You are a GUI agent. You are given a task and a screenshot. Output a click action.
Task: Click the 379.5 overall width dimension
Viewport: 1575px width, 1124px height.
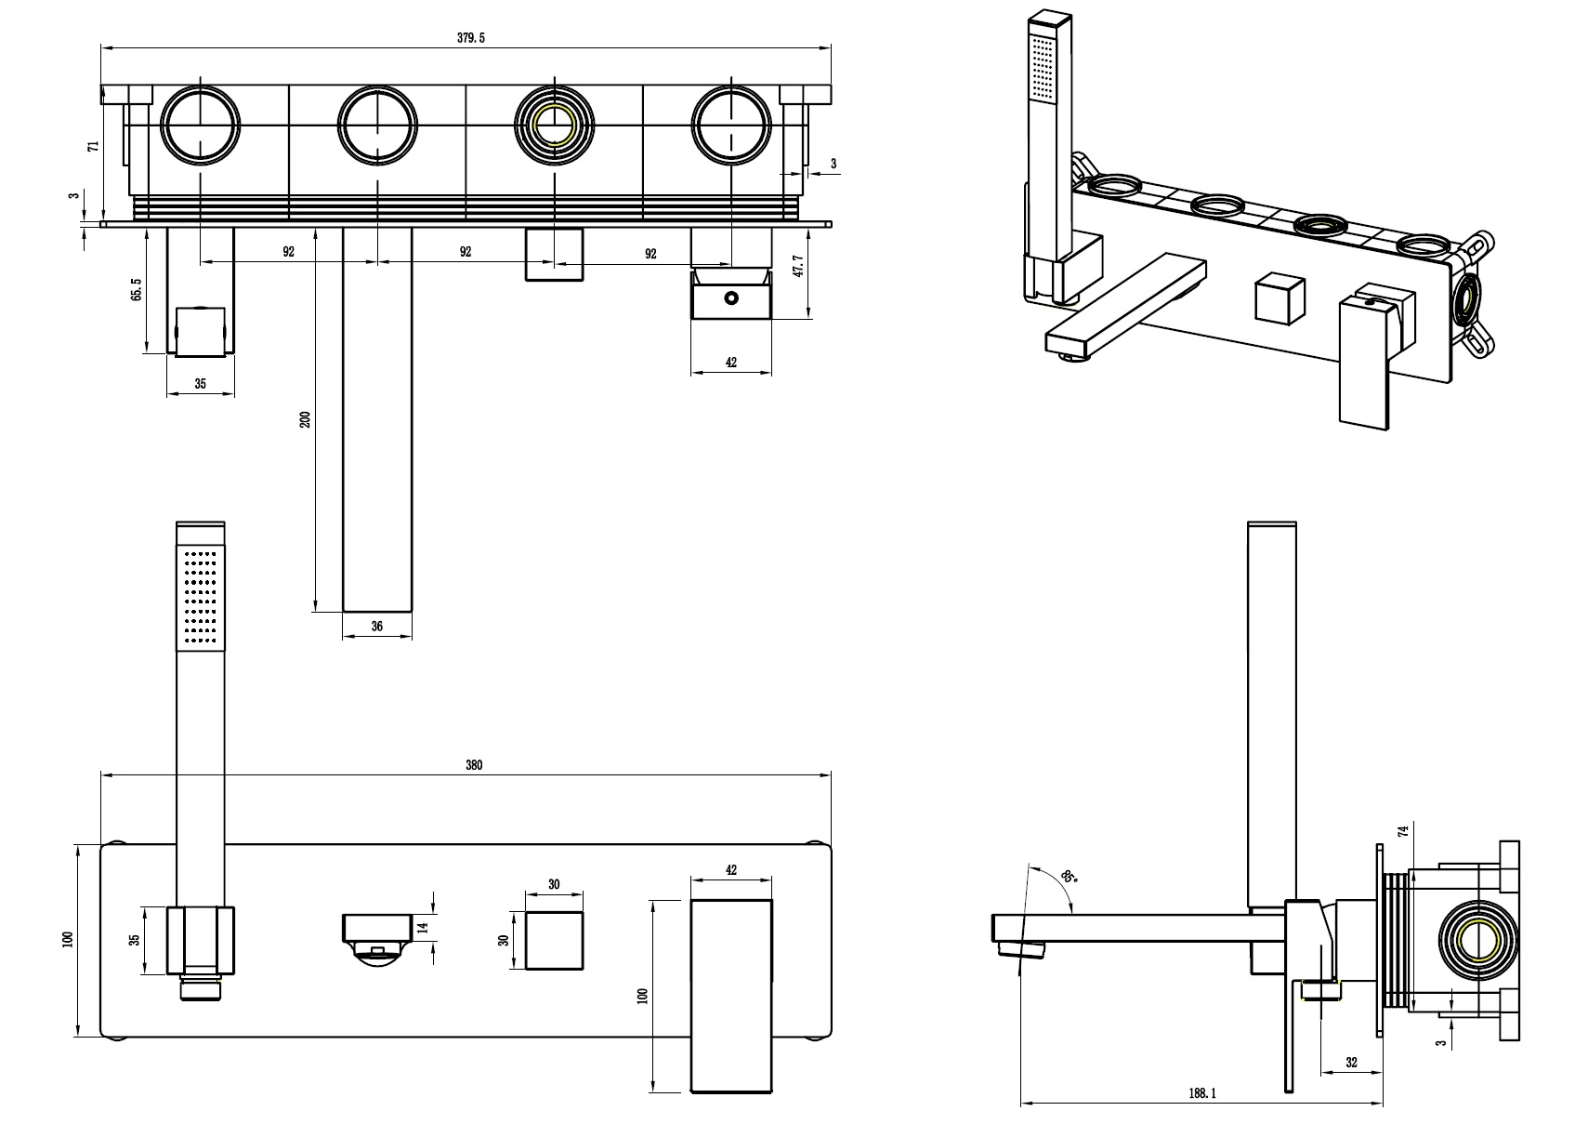pyautogui.click(x=470, y=38)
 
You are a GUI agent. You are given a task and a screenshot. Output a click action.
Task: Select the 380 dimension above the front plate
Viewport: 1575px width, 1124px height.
pyautogui.click(x=474, y=765)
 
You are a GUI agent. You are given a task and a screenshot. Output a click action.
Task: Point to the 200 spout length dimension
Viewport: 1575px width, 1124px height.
pyautogui.click(x=305, y=419)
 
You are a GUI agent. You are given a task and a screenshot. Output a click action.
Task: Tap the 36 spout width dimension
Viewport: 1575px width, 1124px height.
pyautogui.click(x=377, y=627)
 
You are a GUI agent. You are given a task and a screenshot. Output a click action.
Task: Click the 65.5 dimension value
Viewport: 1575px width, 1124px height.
pyautogui.click(x=137, y=289)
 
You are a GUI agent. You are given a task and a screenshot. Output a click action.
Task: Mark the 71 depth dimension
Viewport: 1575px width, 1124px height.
pyautogui.click(x=93, y=147)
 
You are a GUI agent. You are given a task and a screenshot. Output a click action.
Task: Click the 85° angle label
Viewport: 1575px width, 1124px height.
pyautogui.click(x=1070, y=878)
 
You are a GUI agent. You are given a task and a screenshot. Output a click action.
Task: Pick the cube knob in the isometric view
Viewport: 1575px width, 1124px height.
pyautogui.click(x=1280, y=299)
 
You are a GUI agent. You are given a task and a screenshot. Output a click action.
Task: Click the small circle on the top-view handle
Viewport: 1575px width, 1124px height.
pyautogui.click(x=730, y=298)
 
